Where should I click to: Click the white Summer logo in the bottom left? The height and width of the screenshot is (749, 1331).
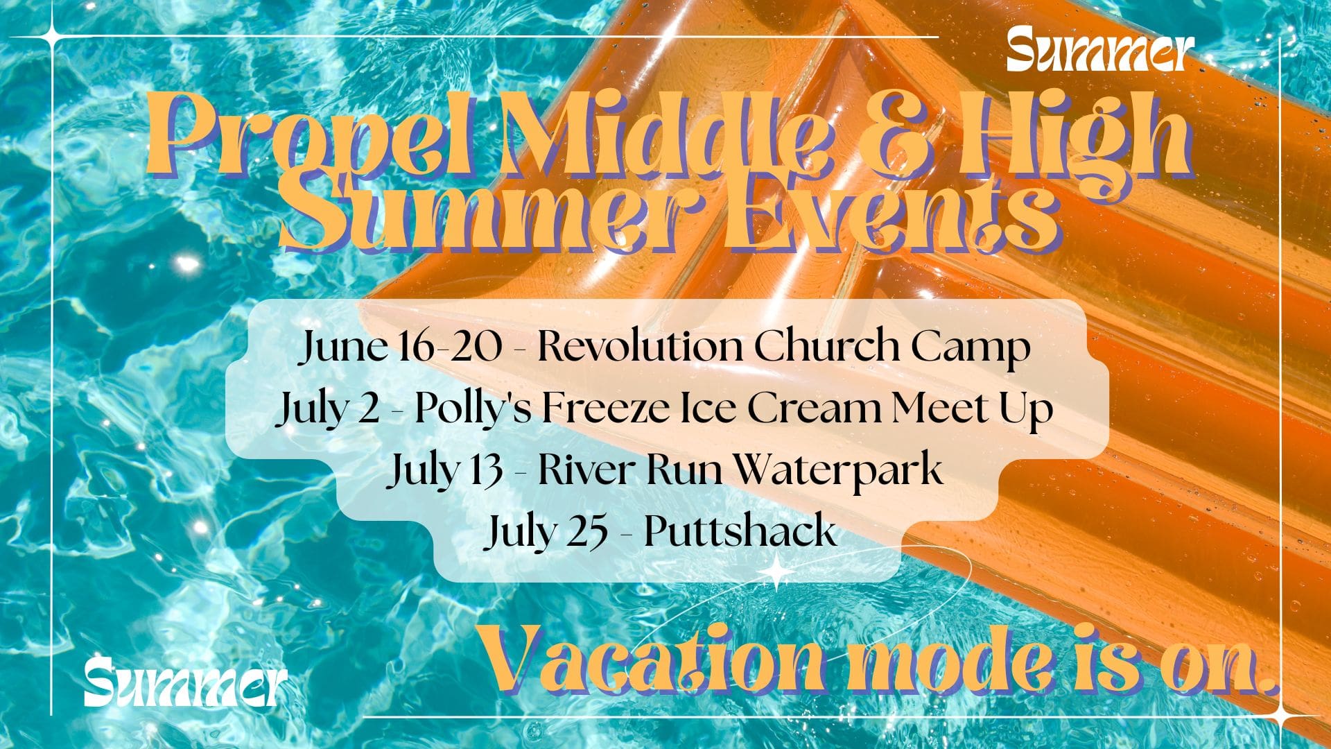(185, 682)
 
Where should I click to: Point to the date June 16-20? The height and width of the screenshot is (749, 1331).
(401, 348)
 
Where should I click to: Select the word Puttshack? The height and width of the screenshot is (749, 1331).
(740, 532)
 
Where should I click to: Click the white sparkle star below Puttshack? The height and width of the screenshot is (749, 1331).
(774, 573)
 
